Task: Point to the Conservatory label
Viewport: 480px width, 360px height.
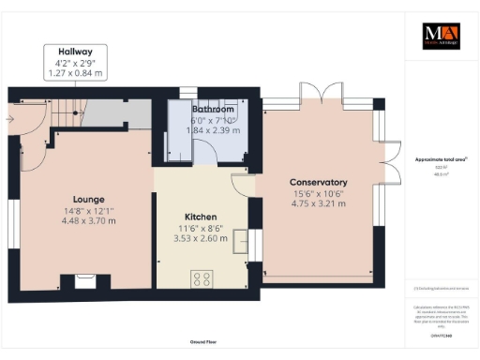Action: click(x=319, y=182)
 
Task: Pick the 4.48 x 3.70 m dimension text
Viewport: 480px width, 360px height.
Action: click(x=89, y=221)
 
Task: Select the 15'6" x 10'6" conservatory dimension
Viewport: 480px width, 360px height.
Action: click(x=319, y=192)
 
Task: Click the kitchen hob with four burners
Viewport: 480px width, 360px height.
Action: click(x=202, y=277)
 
